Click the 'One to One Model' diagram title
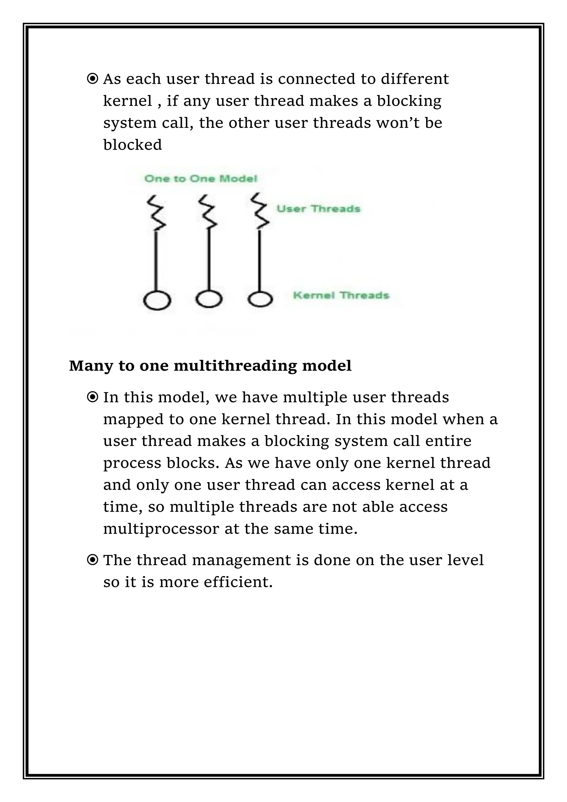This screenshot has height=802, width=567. (201, 179)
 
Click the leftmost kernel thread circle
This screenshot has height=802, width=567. (157, 300)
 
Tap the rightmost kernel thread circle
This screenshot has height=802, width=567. (260, 299)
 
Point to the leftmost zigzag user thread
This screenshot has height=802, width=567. (156, 213)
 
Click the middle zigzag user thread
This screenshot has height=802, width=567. (208, 212)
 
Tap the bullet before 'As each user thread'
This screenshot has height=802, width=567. (92, 79)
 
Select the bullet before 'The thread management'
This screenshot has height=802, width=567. (92, 560)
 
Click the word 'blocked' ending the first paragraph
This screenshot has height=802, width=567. (132, 145)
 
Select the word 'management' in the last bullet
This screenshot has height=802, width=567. (241, 560)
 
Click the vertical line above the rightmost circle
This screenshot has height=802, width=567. (260, 260)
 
